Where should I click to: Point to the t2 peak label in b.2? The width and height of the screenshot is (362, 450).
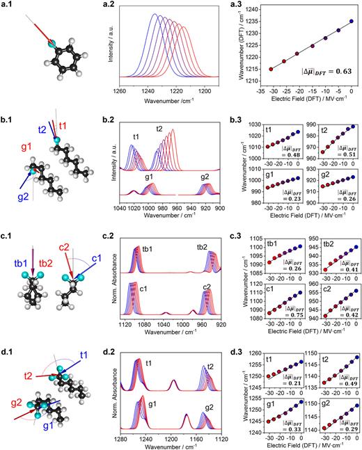tap(159, 129)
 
